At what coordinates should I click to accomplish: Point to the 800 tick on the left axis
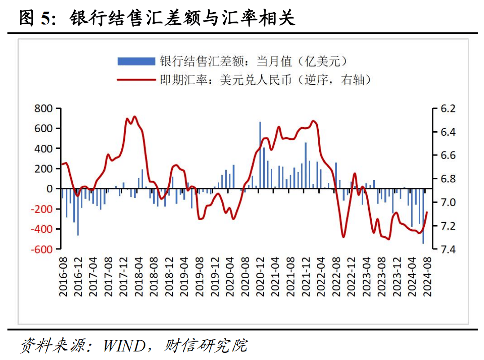44,108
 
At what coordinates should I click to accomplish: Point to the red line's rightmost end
427,213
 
